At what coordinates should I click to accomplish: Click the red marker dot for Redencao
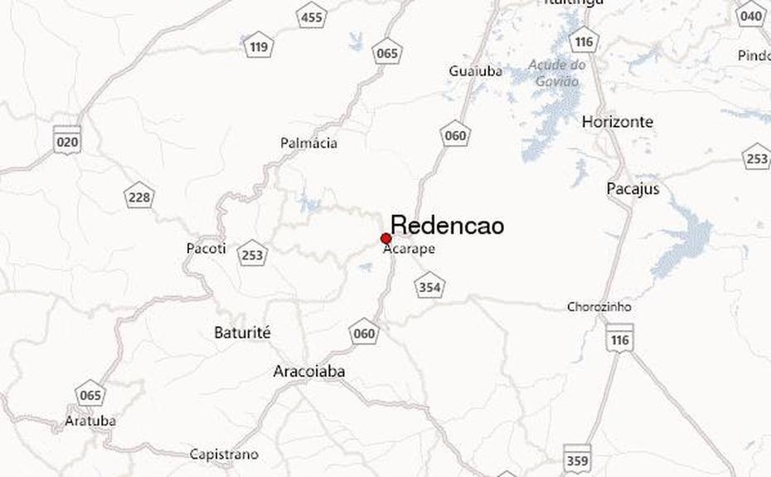[385, 239]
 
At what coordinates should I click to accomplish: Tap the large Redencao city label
[447, 226]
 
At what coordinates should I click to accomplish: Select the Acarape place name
[409, 248]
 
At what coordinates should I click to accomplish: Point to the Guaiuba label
[475, 71]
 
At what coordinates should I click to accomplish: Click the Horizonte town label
[617, 122]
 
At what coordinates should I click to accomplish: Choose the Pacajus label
[633, 189]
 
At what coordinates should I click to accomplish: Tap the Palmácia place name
[308, 144]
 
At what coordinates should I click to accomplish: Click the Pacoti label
[206, 249]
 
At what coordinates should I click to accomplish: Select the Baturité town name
[242, 333]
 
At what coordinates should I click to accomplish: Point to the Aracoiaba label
[308, 372]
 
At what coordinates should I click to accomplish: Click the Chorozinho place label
[599, 307]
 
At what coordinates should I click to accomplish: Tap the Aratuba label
[90, 421]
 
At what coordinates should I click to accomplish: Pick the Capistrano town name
[224, 455]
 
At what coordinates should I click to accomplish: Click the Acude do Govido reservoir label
[556, 73]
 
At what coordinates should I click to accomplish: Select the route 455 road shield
[312, 17]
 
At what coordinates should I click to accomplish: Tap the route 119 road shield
[258, 46]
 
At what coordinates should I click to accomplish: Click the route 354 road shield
[429, 287]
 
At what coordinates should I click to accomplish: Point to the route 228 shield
[139, 197]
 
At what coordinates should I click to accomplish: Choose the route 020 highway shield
[66, 140]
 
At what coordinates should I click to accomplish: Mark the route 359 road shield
[578, 460]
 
